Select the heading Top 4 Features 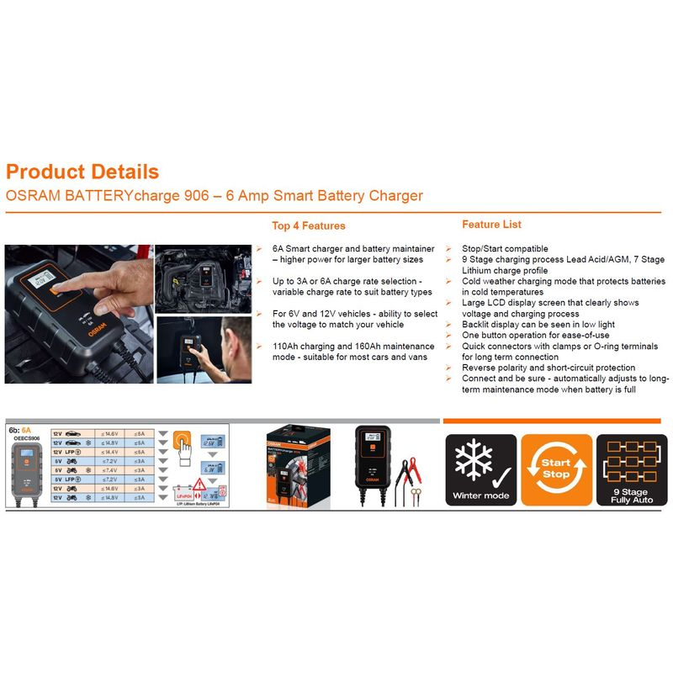point(308,225)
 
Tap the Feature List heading point(491,225)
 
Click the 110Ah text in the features point(286,346)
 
